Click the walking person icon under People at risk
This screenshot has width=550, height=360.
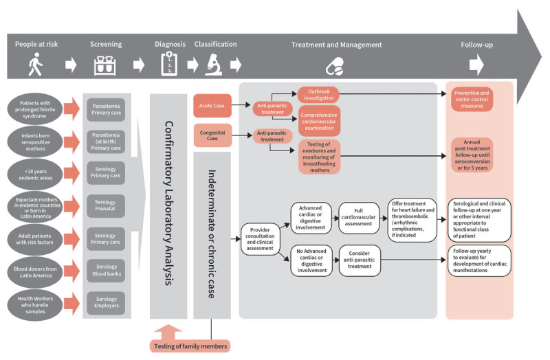tap(36, 64)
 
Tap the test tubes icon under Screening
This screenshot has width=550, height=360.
tap(105, 65)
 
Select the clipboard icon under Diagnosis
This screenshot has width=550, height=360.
tap(169, 64)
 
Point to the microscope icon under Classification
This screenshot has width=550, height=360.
tap(214, 65)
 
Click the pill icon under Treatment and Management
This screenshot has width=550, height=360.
tap(335, 67)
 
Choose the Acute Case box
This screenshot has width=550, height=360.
tap(212, 106)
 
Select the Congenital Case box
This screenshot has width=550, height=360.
tap(212, 135)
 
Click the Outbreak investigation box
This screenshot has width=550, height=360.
tap(318, 95)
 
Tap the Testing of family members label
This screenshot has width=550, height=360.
tap(190, 346)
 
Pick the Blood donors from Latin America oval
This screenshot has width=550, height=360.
tap(35, 272)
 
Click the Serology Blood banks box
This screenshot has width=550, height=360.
tap(107, 270)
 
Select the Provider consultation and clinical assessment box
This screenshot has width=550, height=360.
tap(260, 239)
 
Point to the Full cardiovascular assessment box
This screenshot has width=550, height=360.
tap(358, 217)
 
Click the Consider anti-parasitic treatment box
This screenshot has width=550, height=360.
tap(360, 260)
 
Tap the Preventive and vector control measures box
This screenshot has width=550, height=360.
tap(472, 99)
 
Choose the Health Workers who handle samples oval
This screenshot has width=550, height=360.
tap(35, 305)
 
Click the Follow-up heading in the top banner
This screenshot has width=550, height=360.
tap(476, 45)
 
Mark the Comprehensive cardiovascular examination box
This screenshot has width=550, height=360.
tap(319, 122)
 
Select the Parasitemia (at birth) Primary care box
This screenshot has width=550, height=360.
tap(106, 142)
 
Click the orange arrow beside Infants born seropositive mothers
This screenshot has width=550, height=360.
tap(72, 142)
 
